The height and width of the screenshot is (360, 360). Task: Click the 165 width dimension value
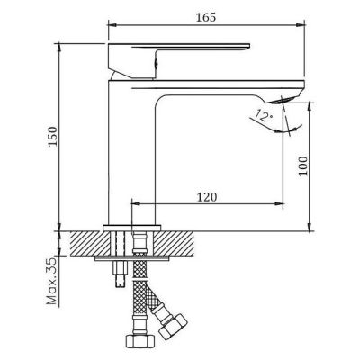(x=206, y=17)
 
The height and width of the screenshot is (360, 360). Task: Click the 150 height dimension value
(x=53, y=137)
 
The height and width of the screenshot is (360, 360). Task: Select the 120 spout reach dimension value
(x=206, y=197)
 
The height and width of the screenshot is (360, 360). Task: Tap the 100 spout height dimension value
(x=303, y=166)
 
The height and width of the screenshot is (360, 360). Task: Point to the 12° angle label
(x=264, y=115)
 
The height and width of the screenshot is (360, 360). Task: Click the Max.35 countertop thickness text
(x=52, y=281)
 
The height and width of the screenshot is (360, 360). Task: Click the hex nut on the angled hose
(x=173, y=327)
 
